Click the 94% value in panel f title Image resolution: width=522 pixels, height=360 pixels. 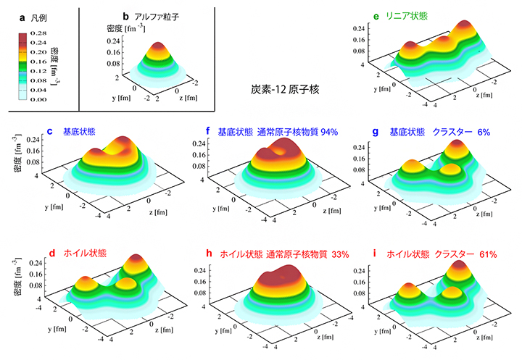tap(336, 132)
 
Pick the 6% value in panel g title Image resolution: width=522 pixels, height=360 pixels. tap(484, 132)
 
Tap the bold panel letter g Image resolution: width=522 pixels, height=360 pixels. tap(374, 132)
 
